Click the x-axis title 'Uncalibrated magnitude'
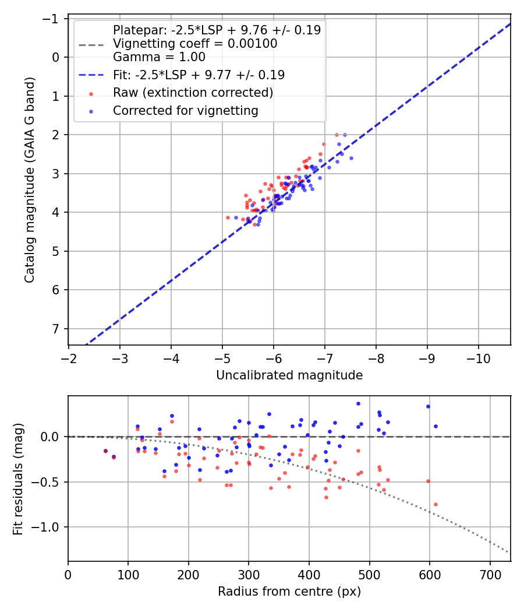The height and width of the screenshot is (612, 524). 289,375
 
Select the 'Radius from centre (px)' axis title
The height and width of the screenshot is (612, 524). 289,592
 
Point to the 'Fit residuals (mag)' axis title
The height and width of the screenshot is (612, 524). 18,479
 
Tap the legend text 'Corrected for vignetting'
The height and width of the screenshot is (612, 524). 186,110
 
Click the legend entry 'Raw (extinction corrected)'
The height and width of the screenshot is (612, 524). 193,93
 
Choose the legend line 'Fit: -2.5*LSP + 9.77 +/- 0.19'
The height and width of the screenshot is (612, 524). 199,75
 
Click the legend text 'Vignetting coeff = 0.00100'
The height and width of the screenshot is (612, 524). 195,44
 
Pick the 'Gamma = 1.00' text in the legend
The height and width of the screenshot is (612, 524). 159,57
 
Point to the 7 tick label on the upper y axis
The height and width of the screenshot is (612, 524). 56,329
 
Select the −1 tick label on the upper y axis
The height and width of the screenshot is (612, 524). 52,19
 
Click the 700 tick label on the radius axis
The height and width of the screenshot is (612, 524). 490,574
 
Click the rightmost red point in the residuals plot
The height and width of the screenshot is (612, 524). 436,504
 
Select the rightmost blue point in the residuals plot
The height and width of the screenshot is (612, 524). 436,426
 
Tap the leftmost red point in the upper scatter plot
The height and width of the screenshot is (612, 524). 228,217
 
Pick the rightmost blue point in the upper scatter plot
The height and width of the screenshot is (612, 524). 351,158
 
